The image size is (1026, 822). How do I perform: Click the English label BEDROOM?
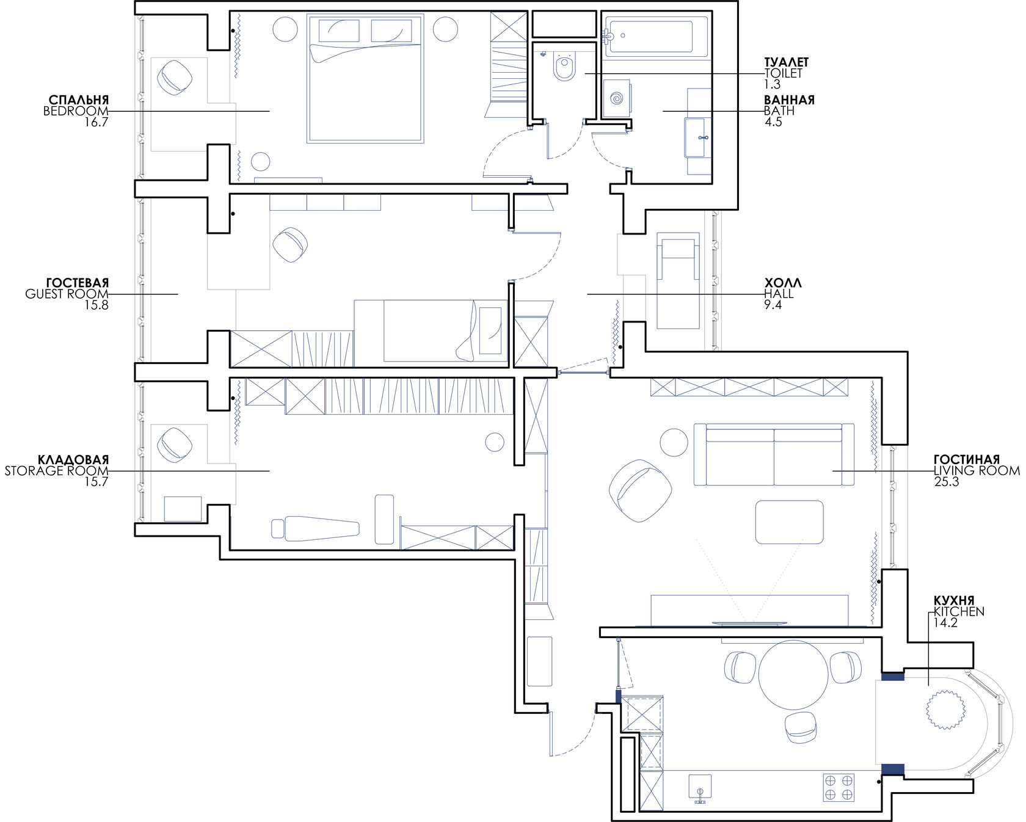click(x=76, y=111)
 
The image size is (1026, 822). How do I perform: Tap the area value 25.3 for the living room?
click(x=947, y=482)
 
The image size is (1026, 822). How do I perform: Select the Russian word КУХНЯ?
click(x=953, y=600)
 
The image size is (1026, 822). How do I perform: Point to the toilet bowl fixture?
click(x=564, y=67)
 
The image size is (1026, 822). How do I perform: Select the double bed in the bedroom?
click(x=365, y=79)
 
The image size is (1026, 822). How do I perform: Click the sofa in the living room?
click(x=774, y=454)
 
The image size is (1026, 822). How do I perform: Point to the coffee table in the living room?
click(x=789, y=522)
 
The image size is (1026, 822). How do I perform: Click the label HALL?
click(x=779, y=294)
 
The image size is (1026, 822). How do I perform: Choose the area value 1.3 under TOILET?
click(x=773, y=84)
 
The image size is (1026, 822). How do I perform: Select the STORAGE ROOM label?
click(x=56, y=471)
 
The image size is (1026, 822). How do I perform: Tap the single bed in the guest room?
click(x=430, y=330)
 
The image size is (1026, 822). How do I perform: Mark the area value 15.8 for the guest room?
click(x=96, y=305)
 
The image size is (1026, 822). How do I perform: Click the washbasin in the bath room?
click(x=697, y=137)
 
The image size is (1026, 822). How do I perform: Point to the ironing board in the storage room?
click(x=315, y=528)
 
